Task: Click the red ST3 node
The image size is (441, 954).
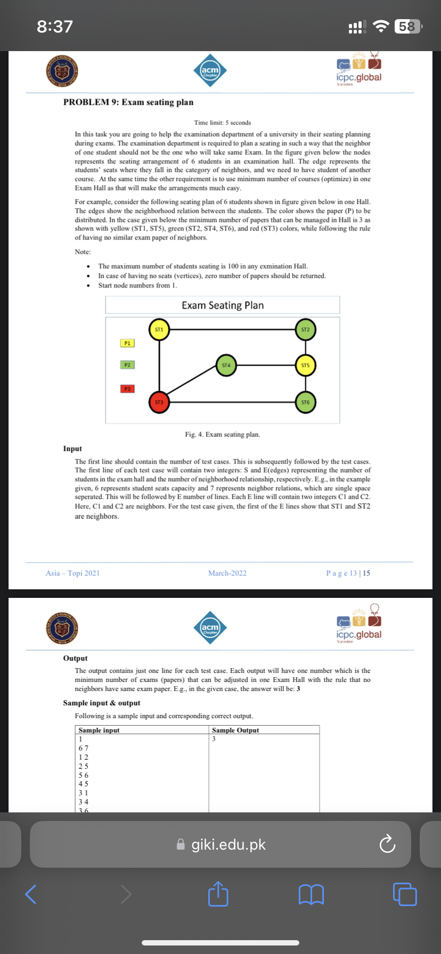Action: [x=159, y=402]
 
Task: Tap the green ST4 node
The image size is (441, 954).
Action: [x=226, y=366]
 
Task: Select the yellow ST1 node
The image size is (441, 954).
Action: [x=159, y=330]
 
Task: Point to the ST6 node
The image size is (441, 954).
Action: [x=305, y=402]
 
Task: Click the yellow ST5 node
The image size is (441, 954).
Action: [x=305, y=366]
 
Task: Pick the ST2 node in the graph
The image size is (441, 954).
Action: [x=305, y=330]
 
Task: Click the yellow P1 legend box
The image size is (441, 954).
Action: [x=127, y=343]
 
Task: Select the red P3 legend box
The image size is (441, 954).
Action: [x=127, y=389]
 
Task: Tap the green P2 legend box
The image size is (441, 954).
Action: [x=127, y=365]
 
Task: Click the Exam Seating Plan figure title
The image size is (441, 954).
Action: [x=223, y=306]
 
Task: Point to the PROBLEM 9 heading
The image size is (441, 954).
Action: [x=128, y=102]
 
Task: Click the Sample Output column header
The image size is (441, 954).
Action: [x=235, y=730]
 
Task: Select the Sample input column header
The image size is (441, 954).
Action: [x=99, y=730]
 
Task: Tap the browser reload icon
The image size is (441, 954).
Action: [x=387, y=844]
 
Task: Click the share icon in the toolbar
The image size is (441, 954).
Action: [x=218, y=894]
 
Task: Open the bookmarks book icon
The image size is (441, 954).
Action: [x=311, y=894]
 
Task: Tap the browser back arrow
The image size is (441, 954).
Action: [x=31, y=894]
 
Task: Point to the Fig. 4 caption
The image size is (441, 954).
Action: [x=223, y=434]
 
